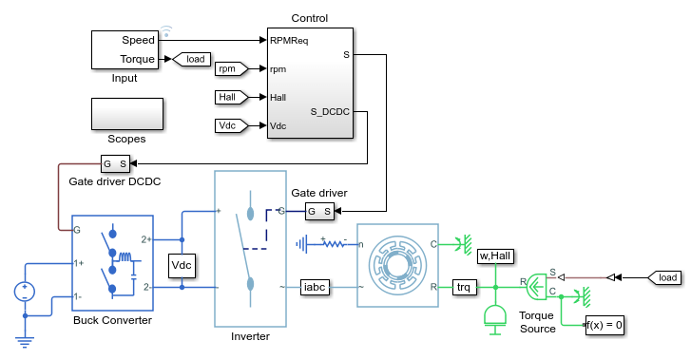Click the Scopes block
pos(127,114)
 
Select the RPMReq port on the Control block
pos(289,41)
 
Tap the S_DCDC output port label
pos(330,112)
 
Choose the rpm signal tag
pos(231,68)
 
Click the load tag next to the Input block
pos(191,59)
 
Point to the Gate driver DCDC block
pos(115,163)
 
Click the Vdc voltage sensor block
pos(182,265)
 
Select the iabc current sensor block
pos(315,287)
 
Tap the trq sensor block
pos(464,287)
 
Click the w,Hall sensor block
pos(495,256)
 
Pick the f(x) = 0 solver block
pos(605,325)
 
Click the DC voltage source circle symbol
pos(25,292)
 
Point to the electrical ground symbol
pos(25,342)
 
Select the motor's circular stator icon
pos(397,265)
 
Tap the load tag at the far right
pos(664,277)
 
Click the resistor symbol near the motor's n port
pos(335,243)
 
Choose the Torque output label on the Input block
pos(138,59)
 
